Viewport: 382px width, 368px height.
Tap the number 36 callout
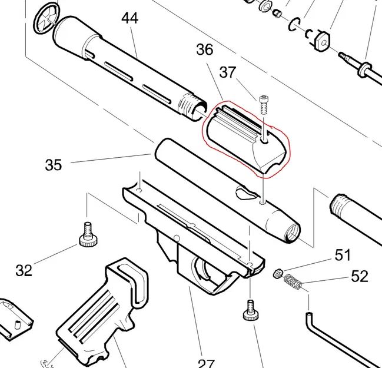click(205, 50)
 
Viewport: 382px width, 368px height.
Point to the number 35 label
click(53, 165)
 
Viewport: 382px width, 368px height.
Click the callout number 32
click(24, 270)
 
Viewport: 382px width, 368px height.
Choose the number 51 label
click(343, 255)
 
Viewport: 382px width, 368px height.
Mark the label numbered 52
click(359, 275)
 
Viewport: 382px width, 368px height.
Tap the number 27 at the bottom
click(205, 363)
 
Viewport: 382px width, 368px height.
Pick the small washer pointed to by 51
click(278, 274)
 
